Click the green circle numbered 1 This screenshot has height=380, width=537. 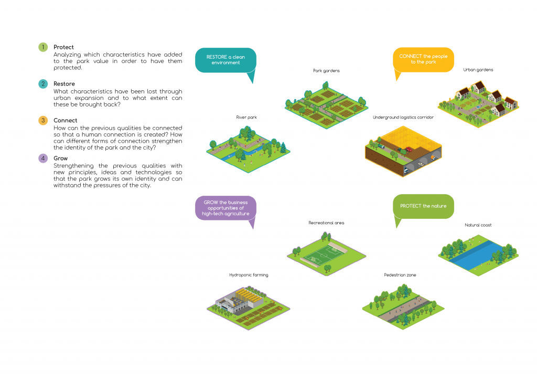pos(43,47)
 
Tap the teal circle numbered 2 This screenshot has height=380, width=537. pos(43,83)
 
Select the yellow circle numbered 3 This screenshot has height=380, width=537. pos(43,120)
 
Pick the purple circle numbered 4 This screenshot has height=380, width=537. pos(43,159)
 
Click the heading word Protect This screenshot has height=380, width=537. pos(63,47)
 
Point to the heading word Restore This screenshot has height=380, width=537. pos(64,83)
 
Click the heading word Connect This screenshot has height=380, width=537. pos(65,120)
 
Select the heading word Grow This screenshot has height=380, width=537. pos(61,159)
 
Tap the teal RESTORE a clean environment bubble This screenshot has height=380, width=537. pos(225,60)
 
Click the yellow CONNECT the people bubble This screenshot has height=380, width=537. pos(423,60)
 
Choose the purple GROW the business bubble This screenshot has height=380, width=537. pos(225,208)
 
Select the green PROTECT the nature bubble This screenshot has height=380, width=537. pos(423,206)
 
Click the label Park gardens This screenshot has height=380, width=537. pos(326,70)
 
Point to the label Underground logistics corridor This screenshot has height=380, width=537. pos(403,117)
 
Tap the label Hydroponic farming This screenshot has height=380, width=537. pos(249,275)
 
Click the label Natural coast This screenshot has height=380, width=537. pos(478,225)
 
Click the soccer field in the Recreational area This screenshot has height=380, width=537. pos(322,255)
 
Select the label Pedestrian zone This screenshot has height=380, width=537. pos(400,275)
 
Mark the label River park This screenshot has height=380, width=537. pos(246,117)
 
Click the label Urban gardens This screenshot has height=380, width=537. pos(478,70)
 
